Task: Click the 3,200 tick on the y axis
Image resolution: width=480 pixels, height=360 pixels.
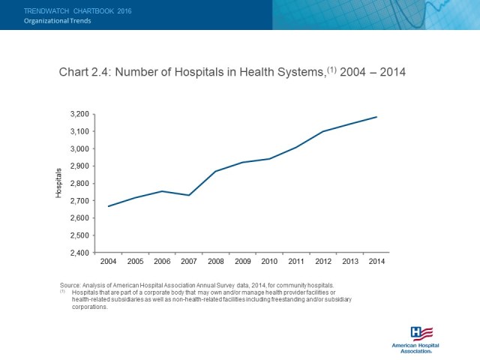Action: (x=79, y=114)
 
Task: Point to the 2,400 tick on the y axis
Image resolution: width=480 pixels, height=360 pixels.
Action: (x=79, y=253)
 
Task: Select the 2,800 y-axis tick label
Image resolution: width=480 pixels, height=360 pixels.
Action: (x=79, y=183)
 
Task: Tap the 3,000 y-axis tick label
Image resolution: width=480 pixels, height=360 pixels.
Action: (x=79, y=148)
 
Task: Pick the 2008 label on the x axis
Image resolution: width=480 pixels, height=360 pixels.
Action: (x=216, y=262)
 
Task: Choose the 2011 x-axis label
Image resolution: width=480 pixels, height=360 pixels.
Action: (x=296, y=262)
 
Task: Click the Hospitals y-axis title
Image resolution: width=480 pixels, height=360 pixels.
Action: (x=59, y=183)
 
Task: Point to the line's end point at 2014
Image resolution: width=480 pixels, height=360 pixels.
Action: (x=376, y=117)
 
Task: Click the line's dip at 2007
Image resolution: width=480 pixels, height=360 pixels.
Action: (x=190, y=195)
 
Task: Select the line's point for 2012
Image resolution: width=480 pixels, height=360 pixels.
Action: (x=323, y=131)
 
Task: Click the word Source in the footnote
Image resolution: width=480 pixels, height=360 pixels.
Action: (x=70, y=285)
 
